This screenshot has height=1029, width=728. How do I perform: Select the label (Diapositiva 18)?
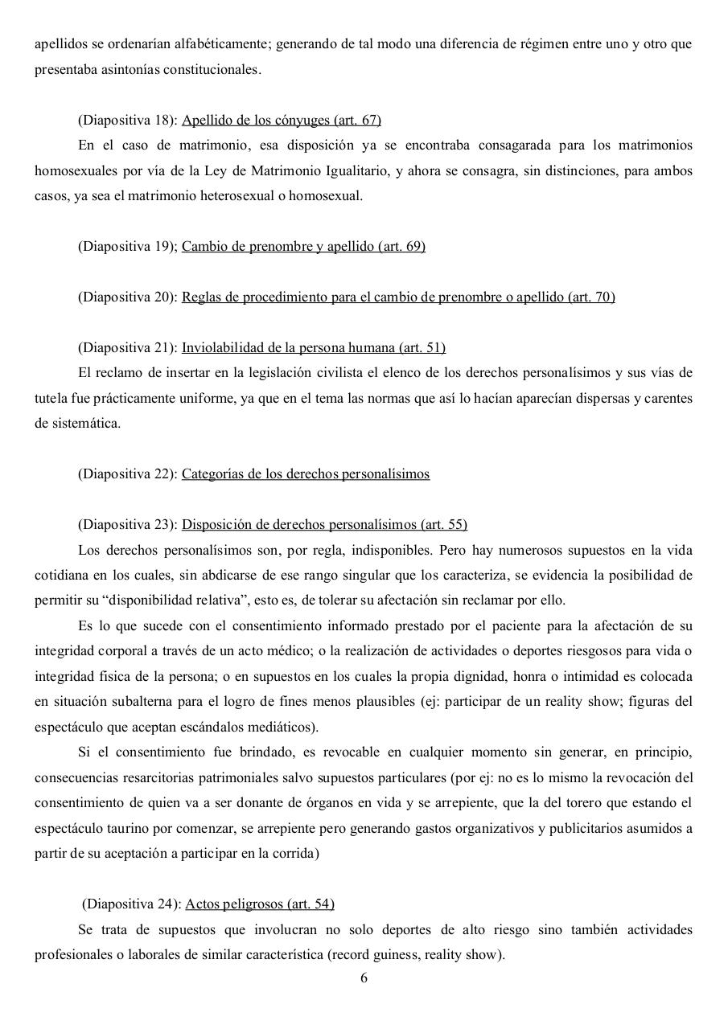(127, 121)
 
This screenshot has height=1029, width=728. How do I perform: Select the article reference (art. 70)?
(591, 297)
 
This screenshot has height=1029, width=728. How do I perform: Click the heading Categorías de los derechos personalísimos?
(306, 474)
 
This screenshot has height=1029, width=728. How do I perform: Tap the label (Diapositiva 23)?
(127, 525)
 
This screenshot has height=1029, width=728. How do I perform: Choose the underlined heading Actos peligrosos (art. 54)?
(260, 904)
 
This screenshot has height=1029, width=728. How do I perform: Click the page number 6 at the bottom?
(364, 978)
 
